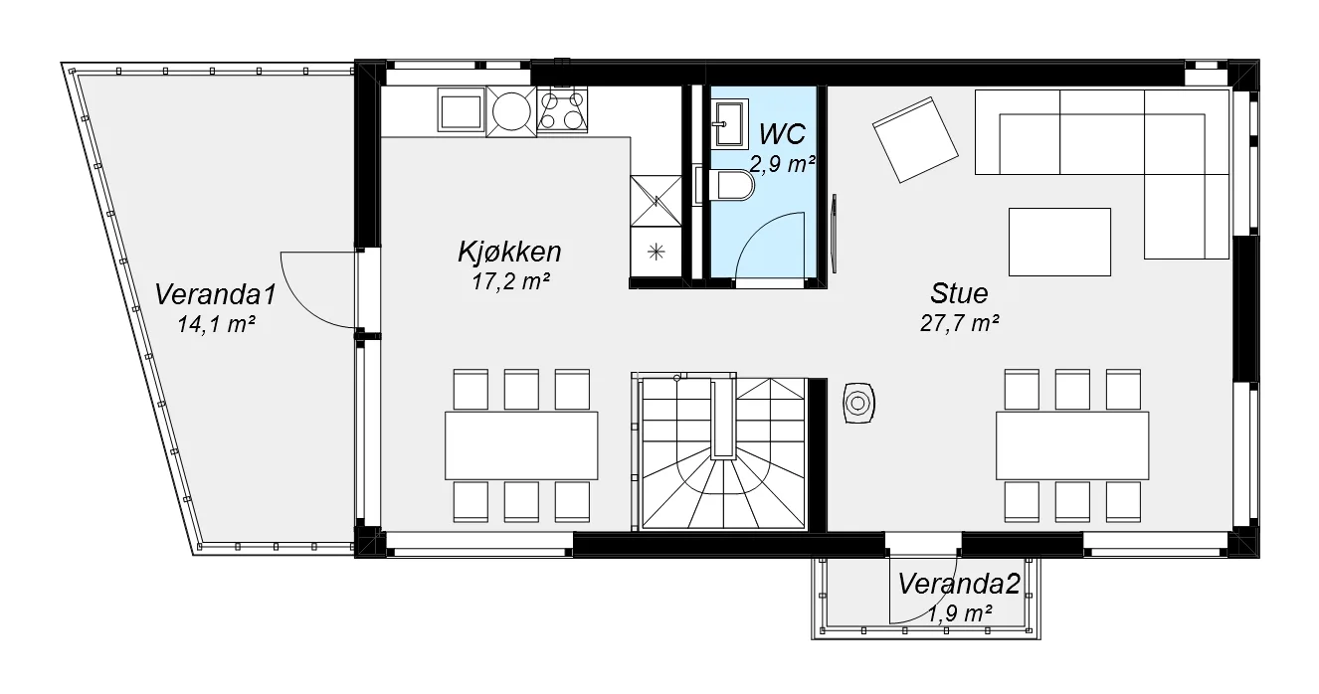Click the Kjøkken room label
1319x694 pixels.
point(509,252)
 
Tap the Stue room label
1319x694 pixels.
point(959,293)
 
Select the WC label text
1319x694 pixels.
point(782,134)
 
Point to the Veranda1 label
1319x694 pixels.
point(215,294)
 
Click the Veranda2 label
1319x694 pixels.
point(959,584)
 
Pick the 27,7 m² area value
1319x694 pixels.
point(959,323)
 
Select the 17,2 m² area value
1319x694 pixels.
point(510,281)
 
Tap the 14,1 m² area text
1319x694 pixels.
point(216,324)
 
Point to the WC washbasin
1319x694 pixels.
point(730,122)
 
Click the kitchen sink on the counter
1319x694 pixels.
point(462,110)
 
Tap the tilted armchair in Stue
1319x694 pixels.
point(915,139)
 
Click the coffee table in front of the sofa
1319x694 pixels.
point(1060,242)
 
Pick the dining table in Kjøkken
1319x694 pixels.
point(521,445)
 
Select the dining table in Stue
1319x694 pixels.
point(1072,445)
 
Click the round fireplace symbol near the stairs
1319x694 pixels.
point(857,404)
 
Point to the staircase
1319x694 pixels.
point(723,453)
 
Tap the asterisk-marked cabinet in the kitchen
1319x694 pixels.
point(656,253)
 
